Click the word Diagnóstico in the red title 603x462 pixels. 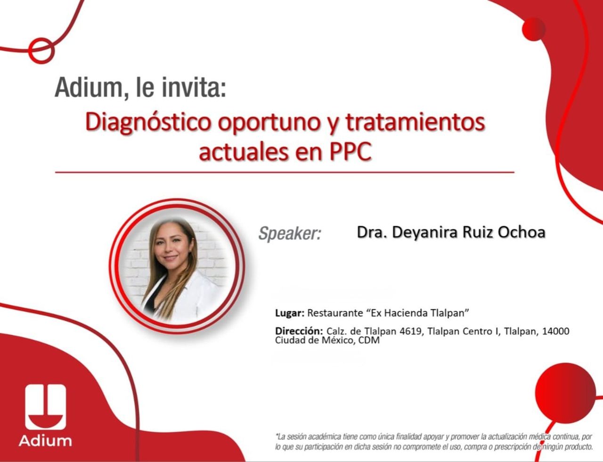tap(148, 123)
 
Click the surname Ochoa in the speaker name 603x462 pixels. tap(521, 232)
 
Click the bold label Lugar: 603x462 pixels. tap(290, 313)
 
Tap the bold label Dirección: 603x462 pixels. tap(299, 331)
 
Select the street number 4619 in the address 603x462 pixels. tap(410, 331)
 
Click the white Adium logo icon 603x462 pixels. tap(46, 407)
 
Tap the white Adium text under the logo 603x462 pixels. tap(45, 441)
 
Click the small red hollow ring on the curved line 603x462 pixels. tap(41, 51)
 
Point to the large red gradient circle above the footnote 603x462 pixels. tap(565, 393)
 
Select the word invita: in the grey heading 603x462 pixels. tap(194, 88)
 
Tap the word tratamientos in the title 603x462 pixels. tap(415, 123)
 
